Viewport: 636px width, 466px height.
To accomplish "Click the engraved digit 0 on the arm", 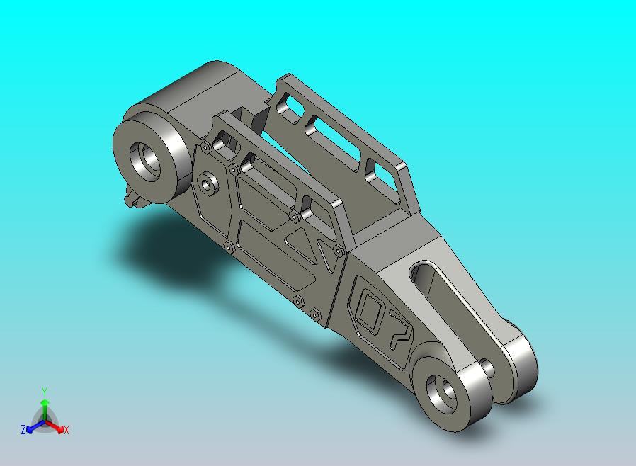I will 370,309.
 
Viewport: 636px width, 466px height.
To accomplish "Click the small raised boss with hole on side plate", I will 208,183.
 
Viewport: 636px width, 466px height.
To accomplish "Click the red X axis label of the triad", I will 66,430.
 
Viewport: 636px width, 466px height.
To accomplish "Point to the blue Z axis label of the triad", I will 23,430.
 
